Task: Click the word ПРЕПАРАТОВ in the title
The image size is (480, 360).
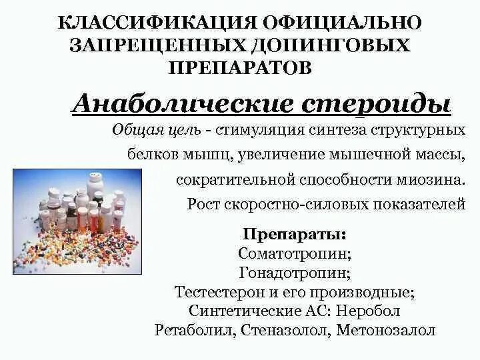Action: coord(240,68)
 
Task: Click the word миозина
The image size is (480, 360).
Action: coord(429,180)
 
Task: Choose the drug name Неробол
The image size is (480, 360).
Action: coord(369,311)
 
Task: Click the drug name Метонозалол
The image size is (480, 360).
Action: coord(386,330)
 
